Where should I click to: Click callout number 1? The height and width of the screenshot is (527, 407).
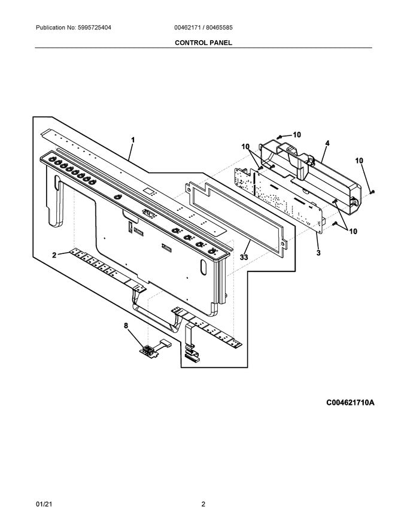tap(133, 140)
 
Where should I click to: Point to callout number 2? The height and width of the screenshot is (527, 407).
tap(54, 255)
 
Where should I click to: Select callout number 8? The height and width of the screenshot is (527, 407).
tap(126, 326)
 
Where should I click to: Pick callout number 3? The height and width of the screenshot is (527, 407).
tap(318, 253)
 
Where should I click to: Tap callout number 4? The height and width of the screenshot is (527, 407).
tap(327, 143)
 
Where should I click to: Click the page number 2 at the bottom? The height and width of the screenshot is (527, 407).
tap(203, 504)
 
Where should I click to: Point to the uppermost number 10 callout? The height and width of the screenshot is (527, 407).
tap(297, 135)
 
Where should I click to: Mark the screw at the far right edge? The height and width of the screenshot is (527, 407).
tap(373, 192)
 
